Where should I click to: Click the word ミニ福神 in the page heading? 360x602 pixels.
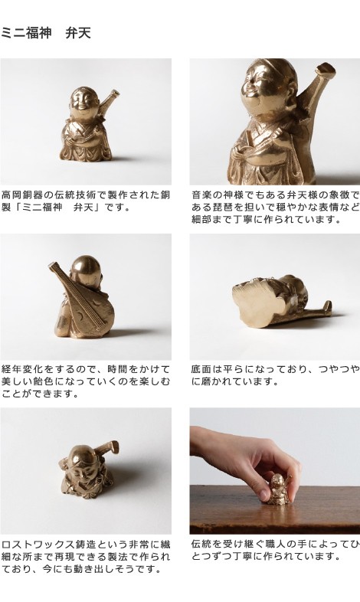coord(26,34)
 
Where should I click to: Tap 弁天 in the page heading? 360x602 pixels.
coord(78,34)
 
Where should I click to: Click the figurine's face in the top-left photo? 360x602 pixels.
coord(82,103)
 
